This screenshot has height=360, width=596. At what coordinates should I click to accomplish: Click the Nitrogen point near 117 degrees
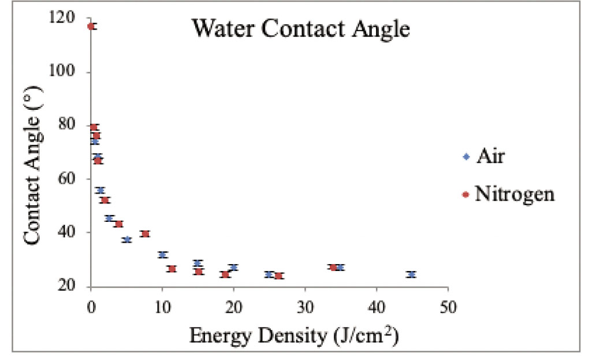(91, 26)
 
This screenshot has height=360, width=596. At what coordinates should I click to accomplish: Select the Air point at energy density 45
(411, 274)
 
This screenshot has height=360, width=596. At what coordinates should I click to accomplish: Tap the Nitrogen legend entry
(515, 194)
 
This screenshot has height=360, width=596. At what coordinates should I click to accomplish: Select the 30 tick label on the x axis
(305, 306)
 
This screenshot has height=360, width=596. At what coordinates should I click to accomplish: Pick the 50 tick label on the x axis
(448, 306)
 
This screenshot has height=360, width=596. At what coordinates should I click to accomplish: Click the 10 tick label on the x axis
(162, 306)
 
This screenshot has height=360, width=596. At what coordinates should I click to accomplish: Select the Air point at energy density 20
(233, 268)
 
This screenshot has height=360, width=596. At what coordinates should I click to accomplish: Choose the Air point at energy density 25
(269, 274)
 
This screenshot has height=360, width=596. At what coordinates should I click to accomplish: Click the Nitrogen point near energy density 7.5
(145, 234)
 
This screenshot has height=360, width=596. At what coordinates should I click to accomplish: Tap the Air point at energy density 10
(162, 255)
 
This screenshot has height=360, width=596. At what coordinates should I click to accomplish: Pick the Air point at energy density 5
(127, 239)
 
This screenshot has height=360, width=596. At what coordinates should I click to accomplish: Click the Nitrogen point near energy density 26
(278, 276)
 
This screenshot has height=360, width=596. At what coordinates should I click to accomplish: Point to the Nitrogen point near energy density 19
(225, 274)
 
